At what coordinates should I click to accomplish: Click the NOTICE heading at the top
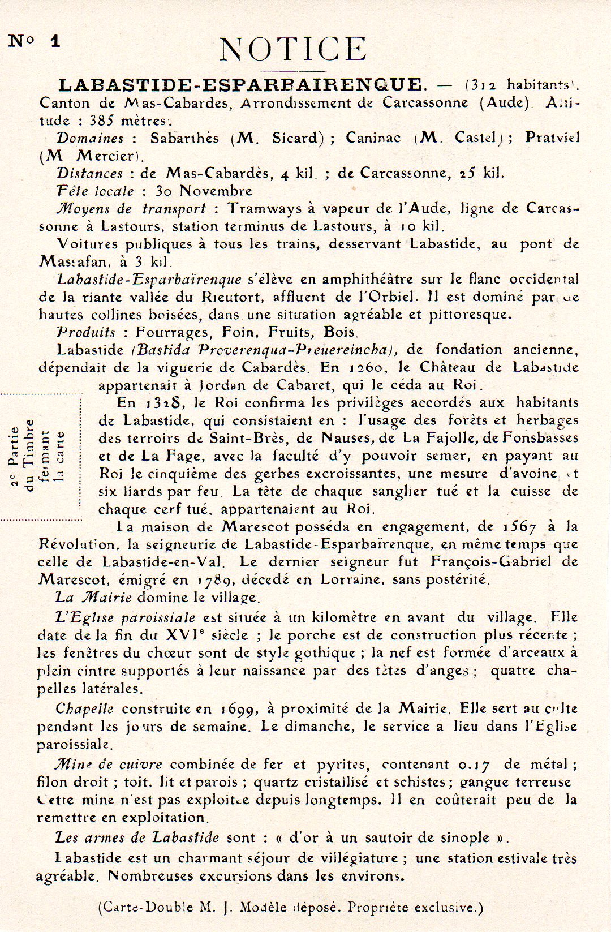tap(293, 49)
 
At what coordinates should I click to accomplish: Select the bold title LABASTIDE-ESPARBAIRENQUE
tap(240, 85)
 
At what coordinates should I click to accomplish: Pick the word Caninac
tap(373, 138)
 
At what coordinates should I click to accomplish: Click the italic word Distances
tap(89, 173)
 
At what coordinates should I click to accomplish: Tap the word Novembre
tap(217, 191)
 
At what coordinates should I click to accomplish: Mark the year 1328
tap(165, 403)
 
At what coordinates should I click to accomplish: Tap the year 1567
tap(519, 527)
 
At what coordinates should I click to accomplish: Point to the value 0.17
tap(474, 765)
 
